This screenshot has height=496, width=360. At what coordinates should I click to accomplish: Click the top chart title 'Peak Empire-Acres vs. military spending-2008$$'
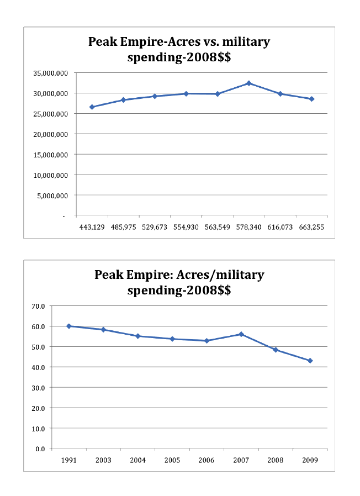[179, 49]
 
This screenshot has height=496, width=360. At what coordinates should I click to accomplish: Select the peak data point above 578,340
[249, 83]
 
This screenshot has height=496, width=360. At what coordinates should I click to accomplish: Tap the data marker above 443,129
[92, 107]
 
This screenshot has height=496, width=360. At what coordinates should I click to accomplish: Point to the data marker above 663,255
[311, 99]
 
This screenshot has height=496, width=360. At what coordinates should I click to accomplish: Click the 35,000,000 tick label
[51, 73]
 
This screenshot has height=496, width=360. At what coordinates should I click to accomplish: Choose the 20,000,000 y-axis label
[51, 134]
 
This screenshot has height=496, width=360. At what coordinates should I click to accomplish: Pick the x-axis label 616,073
[280, 226]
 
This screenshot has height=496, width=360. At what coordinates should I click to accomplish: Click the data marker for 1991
[69, 326]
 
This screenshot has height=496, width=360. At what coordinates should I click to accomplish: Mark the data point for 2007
[241, 334]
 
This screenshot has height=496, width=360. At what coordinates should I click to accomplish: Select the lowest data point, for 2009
[310, 361]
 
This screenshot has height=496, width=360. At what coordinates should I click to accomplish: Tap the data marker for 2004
[138, 336]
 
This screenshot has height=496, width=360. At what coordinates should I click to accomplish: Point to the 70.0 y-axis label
[38, 306]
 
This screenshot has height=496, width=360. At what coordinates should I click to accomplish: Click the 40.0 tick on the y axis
[38, 367]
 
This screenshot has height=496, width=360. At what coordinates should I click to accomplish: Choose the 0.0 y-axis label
[40, 448]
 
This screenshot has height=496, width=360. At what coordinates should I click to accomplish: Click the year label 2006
[207, 460]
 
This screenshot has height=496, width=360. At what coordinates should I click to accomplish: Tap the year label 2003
[103, 460]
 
